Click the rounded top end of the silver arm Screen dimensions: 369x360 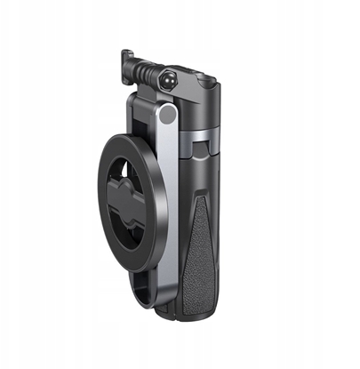(163, 114)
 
